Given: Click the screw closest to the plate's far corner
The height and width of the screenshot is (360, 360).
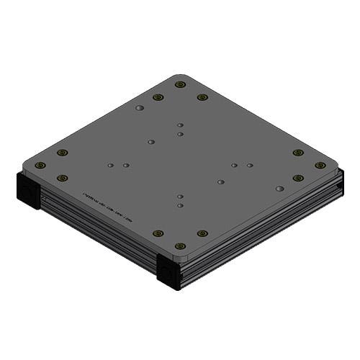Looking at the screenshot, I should coord(180,84).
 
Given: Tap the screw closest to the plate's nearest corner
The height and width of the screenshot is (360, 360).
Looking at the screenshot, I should coord(180,246).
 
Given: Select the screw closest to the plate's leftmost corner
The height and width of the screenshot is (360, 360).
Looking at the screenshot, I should coord(40,165).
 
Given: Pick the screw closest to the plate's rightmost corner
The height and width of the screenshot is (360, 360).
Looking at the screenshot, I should coord(320,165).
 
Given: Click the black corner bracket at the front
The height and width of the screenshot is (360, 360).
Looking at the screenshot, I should coord(168,272).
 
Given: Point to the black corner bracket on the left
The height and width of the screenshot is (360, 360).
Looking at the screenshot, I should coord(28,190).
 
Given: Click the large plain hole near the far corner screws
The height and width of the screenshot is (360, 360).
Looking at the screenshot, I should coord(140,108).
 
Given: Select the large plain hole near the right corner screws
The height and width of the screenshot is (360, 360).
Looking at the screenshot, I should coord(279,189).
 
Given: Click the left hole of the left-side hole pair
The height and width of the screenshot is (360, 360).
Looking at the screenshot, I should coord(110,166).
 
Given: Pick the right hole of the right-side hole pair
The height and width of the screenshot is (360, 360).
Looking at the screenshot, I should coord(250,166).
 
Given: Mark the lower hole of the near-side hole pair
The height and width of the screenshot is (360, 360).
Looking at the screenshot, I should coord(180,204).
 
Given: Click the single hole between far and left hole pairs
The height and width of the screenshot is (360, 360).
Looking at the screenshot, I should coord(150,142).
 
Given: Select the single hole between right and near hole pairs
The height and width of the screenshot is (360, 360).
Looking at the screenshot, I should coord(220,182).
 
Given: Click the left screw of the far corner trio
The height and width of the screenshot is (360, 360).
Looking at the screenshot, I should coord(158,97).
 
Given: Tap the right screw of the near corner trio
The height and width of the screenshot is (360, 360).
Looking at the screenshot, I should coord(202,233).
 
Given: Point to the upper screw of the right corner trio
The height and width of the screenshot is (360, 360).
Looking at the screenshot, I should coord(298,153).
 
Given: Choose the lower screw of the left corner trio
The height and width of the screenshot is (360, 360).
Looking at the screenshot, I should coord(63,178).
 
